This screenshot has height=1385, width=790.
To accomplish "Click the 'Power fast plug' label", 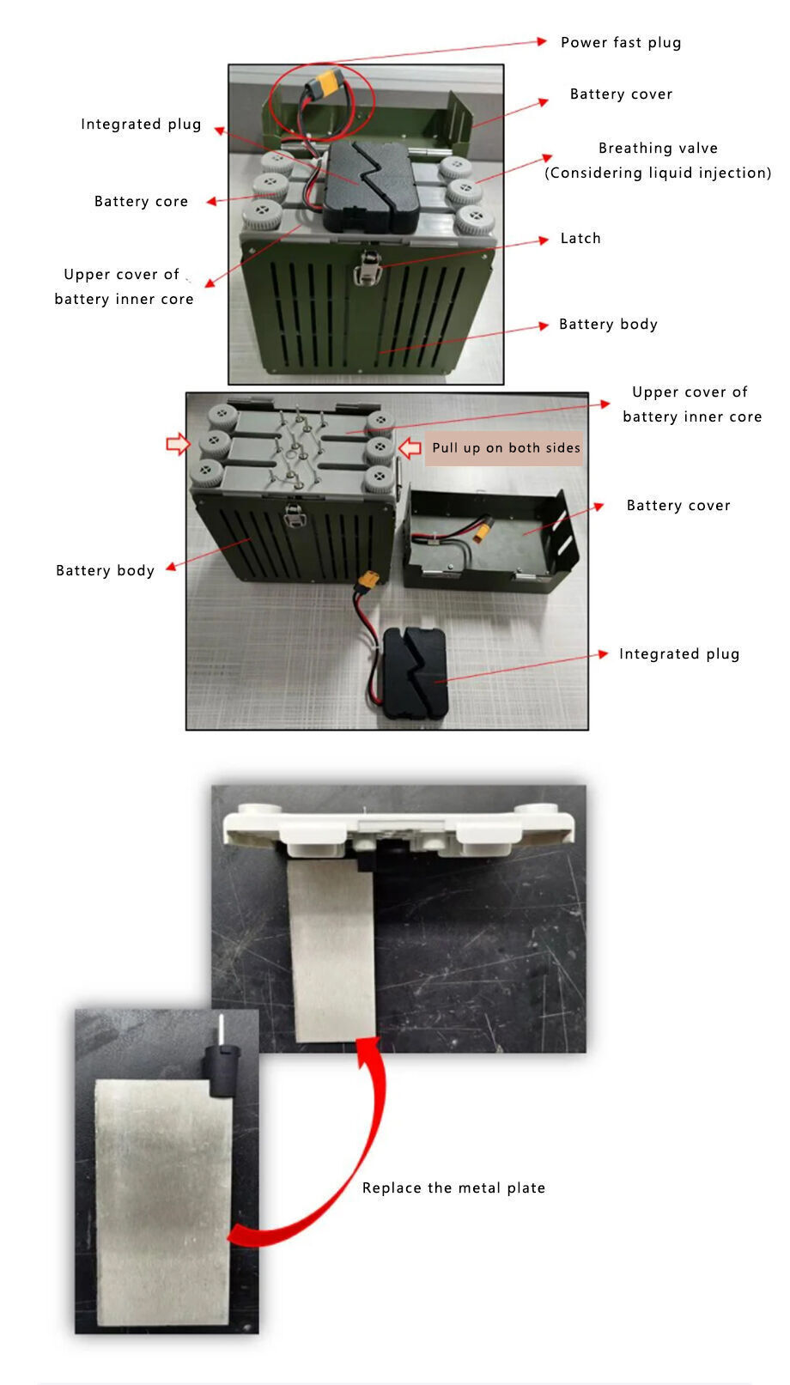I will coord(620,42).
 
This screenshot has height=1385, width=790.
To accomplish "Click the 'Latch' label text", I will coord(580,238).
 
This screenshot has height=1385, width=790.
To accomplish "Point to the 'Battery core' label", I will coord(141,201).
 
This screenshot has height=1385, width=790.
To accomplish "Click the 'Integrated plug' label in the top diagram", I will coord(141,124).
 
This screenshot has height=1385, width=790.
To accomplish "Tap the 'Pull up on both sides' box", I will coord(506,447).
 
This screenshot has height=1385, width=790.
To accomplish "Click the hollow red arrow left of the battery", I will coord(178,444).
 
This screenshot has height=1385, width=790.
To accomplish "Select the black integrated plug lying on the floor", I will coord(415,674).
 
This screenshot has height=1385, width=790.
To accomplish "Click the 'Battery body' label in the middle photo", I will coord(105,570).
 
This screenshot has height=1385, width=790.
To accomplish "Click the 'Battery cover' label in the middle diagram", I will coord(678,505).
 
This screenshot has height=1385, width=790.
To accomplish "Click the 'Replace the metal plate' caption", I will coord(453,1188).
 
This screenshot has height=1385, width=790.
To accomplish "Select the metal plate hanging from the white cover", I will coord(333,949).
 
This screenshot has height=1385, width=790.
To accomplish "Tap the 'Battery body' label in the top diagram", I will coord(608,324).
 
